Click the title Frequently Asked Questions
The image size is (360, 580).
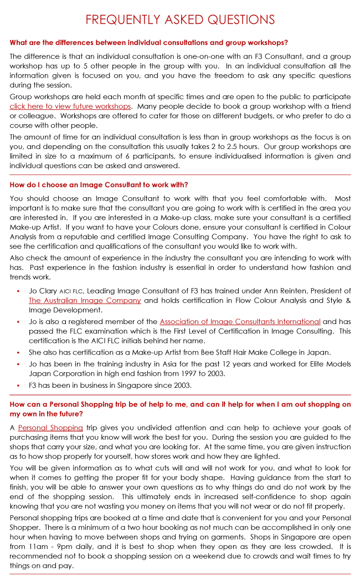click(180, 20)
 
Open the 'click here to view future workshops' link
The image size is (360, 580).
click(70, 106)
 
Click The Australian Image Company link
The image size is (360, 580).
click(85, 300)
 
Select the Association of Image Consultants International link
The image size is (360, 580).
click(240, 321)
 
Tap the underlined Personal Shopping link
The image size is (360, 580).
click(50, 428)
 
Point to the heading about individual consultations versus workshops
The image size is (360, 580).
click(148, 43)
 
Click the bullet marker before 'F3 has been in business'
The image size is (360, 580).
click(18, 384)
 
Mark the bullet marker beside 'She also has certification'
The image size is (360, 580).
click(18, 352)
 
